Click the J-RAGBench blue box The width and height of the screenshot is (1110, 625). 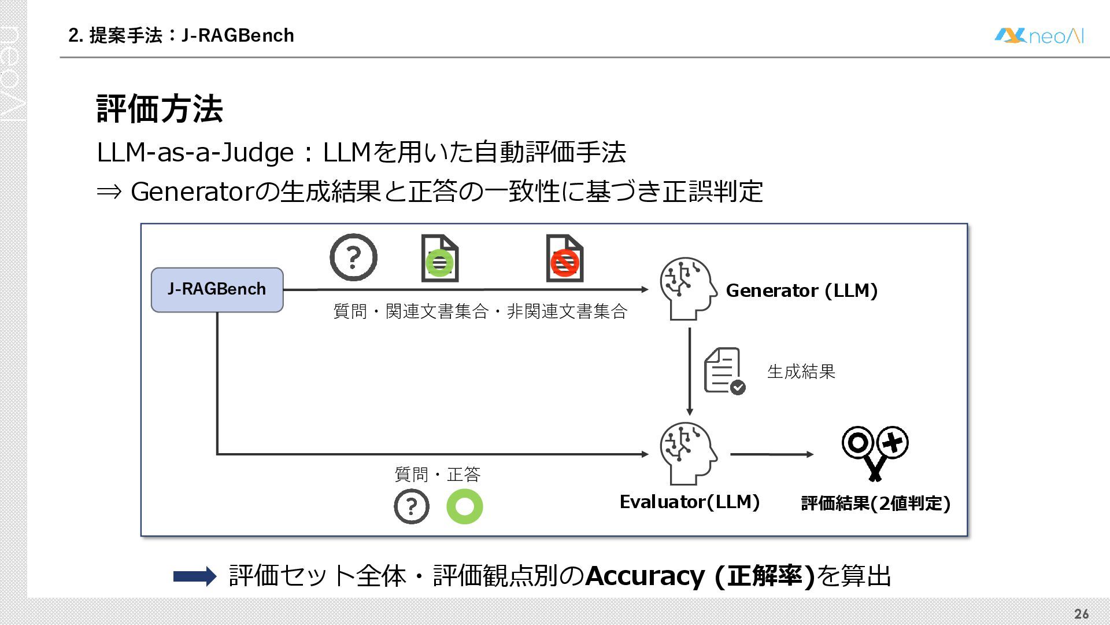point(217,289)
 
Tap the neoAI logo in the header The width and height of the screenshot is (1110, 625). point(1039,36)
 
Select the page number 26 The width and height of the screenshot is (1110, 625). point(1081,614)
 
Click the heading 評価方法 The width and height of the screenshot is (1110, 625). point(160,109)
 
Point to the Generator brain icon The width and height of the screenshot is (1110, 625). point(688,288)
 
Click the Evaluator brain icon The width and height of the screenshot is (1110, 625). point(688,453)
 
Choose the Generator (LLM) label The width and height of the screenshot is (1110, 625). point(801,291)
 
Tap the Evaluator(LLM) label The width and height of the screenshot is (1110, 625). point(689,502)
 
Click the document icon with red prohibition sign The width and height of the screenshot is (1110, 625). point(564,259)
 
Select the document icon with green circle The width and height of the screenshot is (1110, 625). point(440,259)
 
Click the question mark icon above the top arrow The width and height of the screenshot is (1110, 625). point(353,258)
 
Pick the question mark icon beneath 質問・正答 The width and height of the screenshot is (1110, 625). point(411,506)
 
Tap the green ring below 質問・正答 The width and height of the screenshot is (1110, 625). point(464,506)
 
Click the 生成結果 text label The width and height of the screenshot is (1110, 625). point(801,372)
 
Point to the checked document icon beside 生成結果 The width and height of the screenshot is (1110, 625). point(724,371)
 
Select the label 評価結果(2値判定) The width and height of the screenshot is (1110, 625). point(875,503)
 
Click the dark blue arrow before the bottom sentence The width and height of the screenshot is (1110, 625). point(195,576)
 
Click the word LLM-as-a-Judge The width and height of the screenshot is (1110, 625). point(195,153)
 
